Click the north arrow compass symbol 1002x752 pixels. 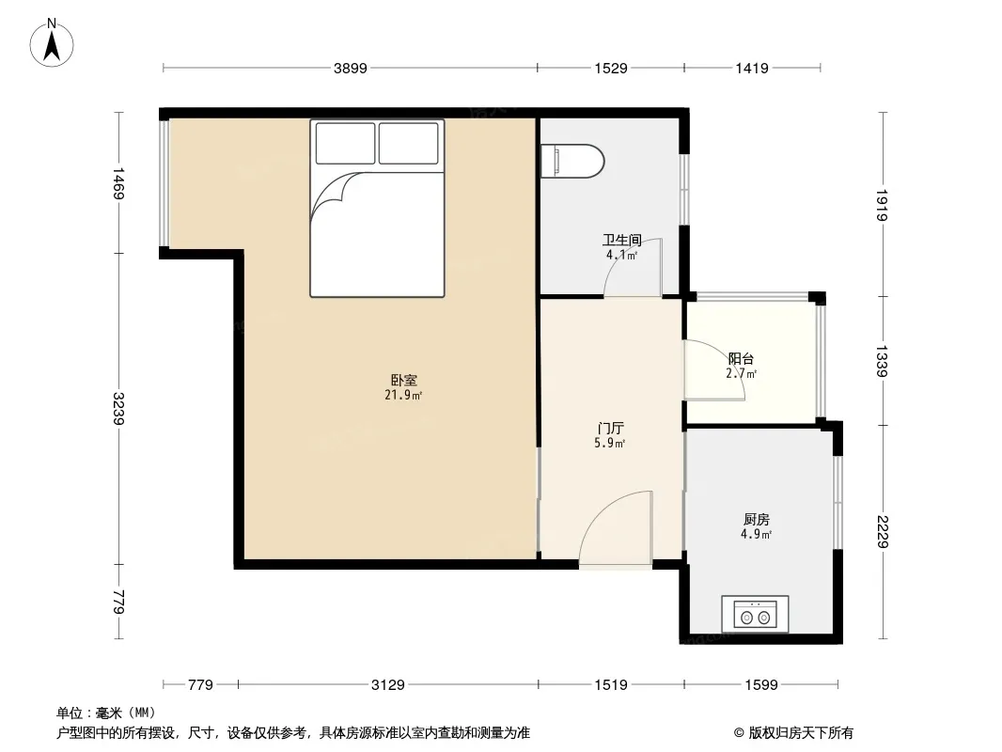(52, 43)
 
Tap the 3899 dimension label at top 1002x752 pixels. (351, 68)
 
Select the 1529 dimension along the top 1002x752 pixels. (611, 68)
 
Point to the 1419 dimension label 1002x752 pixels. (752, 68)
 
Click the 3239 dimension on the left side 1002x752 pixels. (118, 408)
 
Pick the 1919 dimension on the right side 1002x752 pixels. (882, 205)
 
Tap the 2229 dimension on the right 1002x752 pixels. (882, 532)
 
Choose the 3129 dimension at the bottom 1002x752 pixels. (388, 685)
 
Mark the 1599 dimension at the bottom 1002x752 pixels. (761, 685)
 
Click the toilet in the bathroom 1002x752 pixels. (571, 161)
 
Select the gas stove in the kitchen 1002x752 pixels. (755, 614)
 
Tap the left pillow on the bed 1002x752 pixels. (345, 143)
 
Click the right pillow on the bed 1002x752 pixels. (408, 143)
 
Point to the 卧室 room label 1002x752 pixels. (404, 380)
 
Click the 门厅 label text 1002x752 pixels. (610, 428)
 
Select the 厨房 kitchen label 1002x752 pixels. (757, 520)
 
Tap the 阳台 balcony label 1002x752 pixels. (742, 359)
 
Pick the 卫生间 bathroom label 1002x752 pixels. (621, 241)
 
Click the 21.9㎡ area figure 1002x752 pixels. (403, 396)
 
